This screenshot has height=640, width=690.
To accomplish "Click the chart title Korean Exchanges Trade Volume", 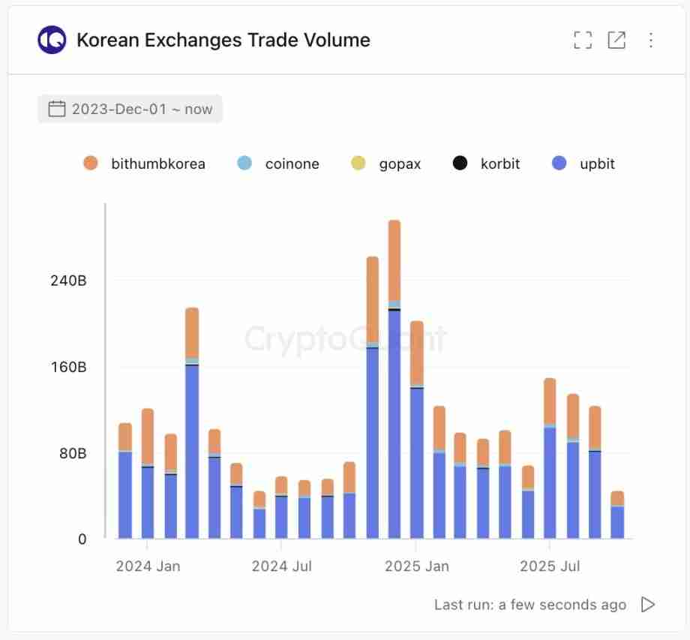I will [x=223, y=40].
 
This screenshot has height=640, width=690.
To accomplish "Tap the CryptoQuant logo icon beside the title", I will [x=52, y=40].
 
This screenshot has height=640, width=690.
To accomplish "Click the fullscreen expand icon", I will [x=583, y=40].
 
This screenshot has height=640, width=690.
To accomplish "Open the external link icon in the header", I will [x=616, y=40].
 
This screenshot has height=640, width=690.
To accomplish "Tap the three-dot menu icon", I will [x=650, y=40].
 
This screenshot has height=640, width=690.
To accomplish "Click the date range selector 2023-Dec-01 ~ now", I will [x=130, y=109].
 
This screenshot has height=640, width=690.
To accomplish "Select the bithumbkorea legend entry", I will [x=145, y=164].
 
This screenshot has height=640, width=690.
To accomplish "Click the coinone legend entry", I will [x=278, y=164].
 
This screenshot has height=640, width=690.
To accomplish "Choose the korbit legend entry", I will [x=487, y=164].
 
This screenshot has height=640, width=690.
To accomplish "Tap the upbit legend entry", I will [x=583, y=164].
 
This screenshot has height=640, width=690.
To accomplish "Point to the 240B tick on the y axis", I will [x=68, y=281].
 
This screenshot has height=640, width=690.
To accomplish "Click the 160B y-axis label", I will [x=68, y=367].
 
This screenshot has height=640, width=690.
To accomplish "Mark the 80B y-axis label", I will [x=73, y=453].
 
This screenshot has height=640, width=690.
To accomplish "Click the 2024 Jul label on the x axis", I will [x=281, y=566].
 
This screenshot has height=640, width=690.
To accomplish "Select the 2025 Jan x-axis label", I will [x=416, y=566].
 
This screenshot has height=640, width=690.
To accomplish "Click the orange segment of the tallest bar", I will [x=394, y=260].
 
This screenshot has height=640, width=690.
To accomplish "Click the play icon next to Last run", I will [x=648, y=605].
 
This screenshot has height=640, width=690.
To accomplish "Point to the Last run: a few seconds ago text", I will [x=529, y=605].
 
